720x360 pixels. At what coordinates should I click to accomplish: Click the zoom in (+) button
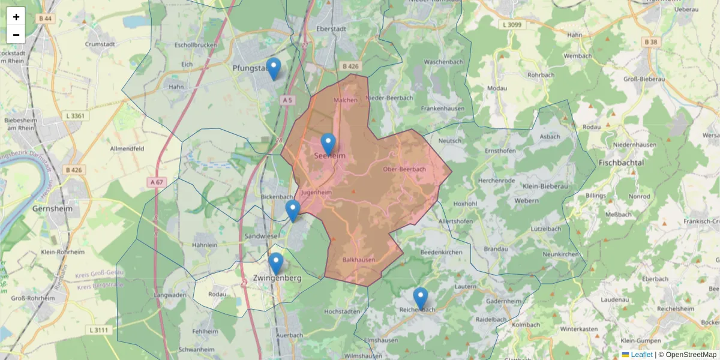(x=16, y=17)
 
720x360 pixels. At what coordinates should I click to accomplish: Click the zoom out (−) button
(x=16, y=35)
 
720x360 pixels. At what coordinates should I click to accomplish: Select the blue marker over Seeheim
(x=328, y=144)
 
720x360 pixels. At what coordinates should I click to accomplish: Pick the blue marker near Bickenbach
(x=292, y=211)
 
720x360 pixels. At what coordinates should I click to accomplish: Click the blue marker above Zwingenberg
(x=275, y=263)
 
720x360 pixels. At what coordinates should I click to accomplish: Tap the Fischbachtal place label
(x=620, y=163)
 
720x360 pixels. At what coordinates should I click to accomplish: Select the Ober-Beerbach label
(x=404, y=169)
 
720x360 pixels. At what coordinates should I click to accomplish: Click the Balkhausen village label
(x=358, y=260)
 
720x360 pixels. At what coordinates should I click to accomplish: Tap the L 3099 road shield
(x=511, y=25)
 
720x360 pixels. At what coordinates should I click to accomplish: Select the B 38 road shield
(x=650, y=42)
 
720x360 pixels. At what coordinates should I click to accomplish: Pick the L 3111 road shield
(x=98, y=330)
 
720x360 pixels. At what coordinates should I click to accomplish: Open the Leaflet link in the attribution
(x=641, y=355)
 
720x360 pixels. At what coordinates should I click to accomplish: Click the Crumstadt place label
(x=100, y=44)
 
